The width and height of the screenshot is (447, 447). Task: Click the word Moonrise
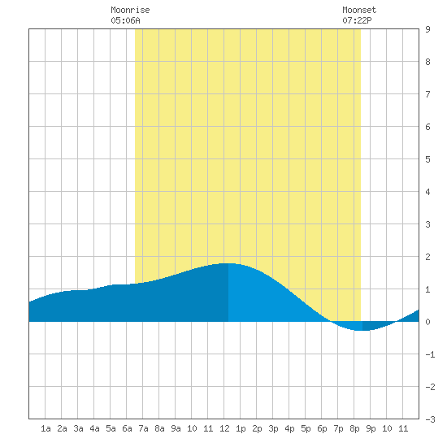coord(130,10)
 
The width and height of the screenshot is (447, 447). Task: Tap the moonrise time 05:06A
coord(125,20)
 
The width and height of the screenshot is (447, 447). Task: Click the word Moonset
coord(359,10)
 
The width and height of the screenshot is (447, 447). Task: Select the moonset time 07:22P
coord(357,20)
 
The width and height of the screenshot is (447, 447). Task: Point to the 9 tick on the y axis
coord(427,29)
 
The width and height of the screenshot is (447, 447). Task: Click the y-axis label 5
coord(427,159)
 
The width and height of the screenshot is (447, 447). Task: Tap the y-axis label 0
coord(427,322)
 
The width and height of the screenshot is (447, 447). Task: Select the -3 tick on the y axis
coord(430,419)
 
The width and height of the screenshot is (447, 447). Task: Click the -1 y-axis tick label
coord(430,354)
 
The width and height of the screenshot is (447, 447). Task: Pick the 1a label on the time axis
coord(46,428)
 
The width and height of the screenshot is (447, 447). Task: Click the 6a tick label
coord(127,428)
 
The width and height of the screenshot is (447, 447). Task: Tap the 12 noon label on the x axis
coord(224,428)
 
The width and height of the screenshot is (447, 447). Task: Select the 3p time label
coord(273,428)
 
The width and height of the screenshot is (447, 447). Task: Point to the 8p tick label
coord(354,428)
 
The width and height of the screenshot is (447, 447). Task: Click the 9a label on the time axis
coord(176,428)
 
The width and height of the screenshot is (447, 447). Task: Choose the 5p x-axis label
coord(306,428)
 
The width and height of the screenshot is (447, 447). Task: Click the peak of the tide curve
coord(228,263)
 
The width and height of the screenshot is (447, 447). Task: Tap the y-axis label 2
coord(427,257)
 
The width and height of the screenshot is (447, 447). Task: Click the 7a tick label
coord(143,428)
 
